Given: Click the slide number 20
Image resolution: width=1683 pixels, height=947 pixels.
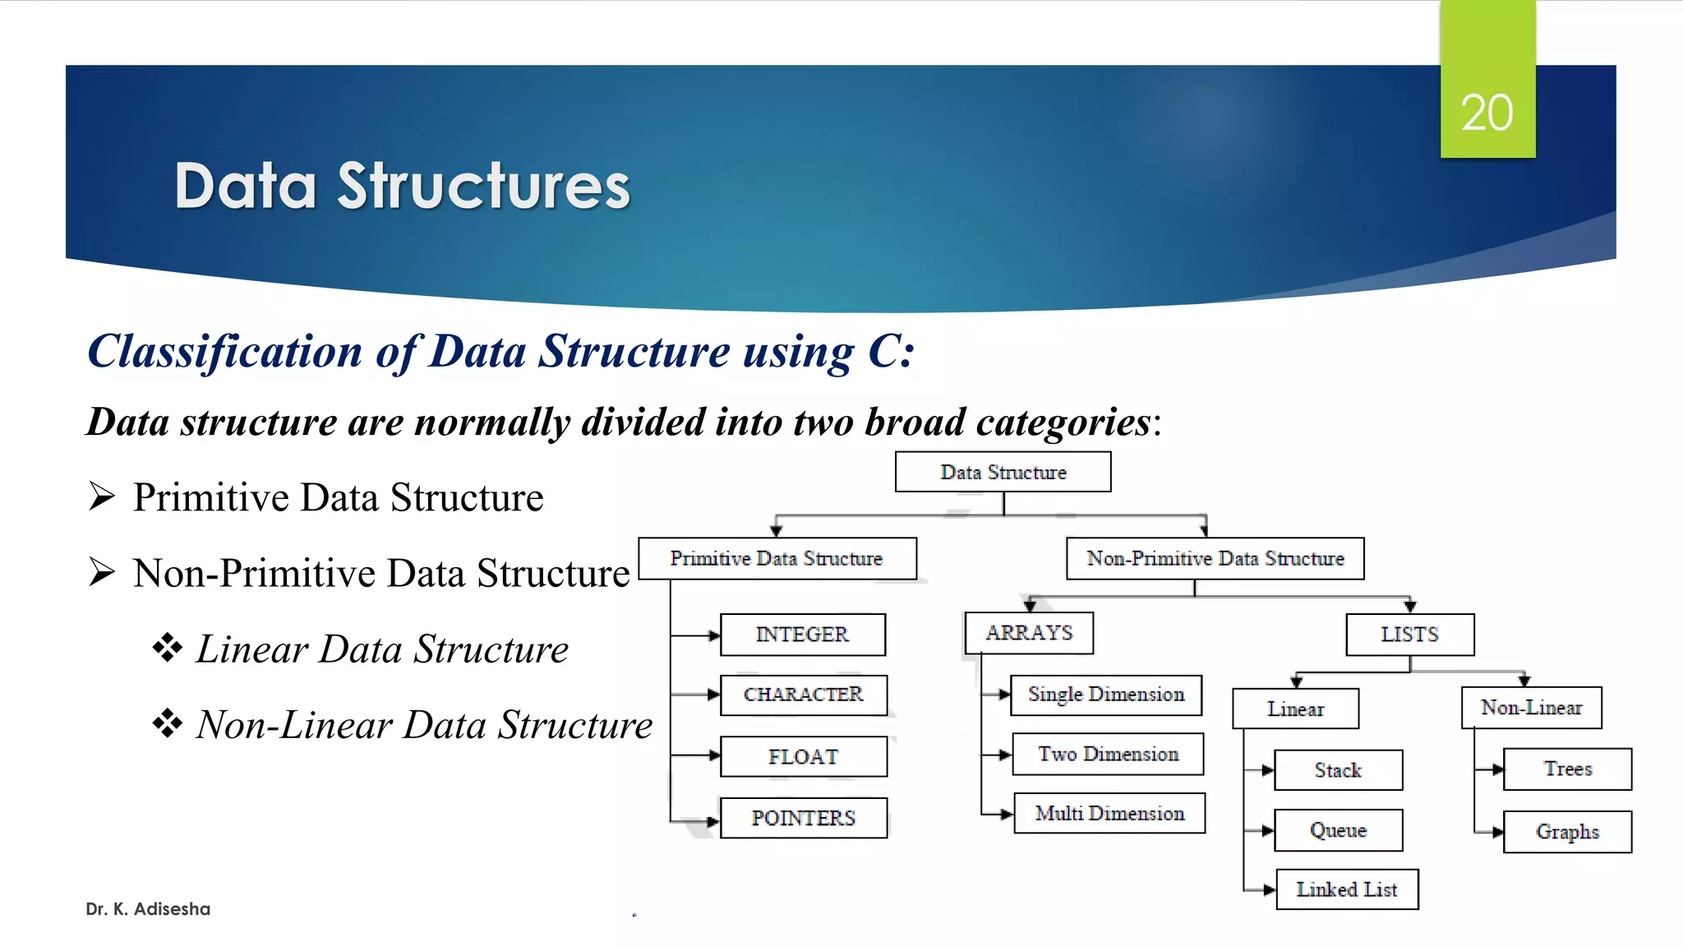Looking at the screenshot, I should pos(1487,113).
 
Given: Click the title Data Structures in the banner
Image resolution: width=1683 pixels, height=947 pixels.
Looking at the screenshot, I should pos(402,187).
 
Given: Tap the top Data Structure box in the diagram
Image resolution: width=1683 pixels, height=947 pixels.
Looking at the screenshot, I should pos(1003,472).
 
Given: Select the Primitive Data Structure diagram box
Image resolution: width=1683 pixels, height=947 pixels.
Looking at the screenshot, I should pos(777,558).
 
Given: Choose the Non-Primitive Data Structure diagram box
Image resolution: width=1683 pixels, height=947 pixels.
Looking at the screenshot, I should pos(1215,558).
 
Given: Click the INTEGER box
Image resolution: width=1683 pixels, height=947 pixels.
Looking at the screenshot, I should pos(802,635).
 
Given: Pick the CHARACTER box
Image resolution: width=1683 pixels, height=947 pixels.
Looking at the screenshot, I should pos(803,695).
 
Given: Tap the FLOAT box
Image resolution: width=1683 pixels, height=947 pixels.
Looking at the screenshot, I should pos(803,756).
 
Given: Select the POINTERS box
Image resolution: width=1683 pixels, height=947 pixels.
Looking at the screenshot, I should pos(803,818).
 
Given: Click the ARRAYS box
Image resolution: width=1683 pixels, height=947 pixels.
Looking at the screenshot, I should pos(1029,633).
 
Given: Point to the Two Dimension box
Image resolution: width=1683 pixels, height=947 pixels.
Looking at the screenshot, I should pos(1108,754).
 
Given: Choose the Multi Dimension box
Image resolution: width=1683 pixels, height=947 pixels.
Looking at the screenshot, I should pos(1109,813).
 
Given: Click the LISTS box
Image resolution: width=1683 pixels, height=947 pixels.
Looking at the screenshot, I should pos(1409,635).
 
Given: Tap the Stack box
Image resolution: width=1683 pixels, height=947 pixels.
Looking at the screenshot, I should pos(1338,770).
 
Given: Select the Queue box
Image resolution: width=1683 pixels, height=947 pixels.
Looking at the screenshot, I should pos(1338,830).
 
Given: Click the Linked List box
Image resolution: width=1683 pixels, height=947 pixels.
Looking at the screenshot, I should pos(1346,889).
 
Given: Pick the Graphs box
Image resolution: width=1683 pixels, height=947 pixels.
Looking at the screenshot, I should pos(1567,832).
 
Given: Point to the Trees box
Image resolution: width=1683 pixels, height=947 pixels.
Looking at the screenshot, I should pos(1567,769).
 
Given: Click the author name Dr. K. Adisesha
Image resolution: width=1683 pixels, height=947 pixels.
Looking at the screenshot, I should pos(148,909).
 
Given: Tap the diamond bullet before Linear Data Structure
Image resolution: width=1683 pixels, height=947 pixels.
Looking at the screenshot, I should pos(168,648).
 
